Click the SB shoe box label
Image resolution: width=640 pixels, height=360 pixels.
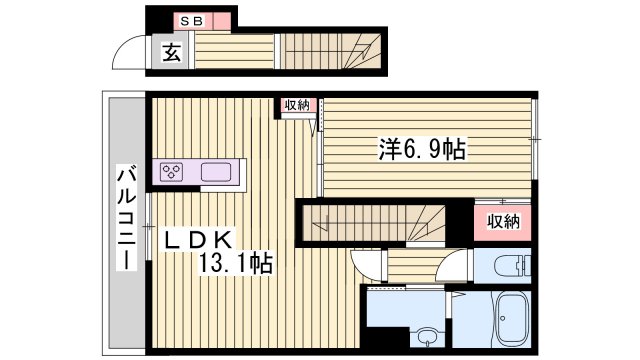click(x=188, y=20)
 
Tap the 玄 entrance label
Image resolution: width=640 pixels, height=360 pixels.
click(x=171, y=53)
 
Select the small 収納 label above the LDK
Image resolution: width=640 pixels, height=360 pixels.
click(x=297, y=105)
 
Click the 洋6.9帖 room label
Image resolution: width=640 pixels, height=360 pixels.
click(x=421, y=150)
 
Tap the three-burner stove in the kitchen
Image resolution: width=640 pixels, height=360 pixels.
click(x=171, y=172)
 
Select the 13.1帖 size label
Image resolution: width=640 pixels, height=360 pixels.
click(x=236, y=264)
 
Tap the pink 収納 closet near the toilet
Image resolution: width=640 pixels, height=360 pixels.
click(x=503, y=221)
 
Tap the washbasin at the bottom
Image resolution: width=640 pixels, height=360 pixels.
click(x=428, y=337)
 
